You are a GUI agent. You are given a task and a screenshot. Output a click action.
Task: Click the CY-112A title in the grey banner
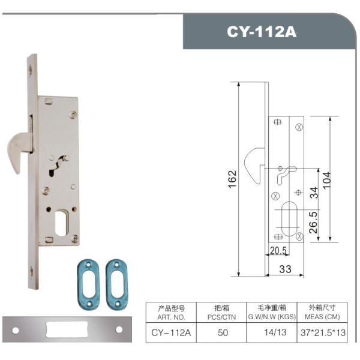point(262,32)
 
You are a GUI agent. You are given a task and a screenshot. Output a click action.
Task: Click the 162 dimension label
point(232,179)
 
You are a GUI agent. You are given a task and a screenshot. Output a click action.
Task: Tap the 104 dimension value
point(327,180)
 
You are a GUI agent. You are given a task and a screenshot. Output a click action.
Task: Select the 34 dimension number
point(314,193)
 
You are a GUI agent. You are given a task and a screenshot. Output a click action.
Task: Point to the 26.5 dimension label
point(313,222)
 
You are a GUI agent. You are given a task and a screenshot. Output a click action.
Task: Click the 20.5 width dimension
point(278,250)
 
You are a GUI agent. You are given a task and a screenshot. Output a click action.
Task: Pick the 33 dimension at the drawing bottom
point(285,269)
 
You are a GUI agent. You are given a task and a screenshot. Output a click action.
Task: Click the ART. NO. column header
point(171,317)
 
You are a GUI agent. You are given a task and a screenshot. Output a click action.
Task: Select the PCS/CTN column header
point(221,317)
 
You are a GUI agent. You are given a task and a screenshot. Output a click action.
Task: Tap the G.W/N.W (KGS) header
point(272,317)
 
